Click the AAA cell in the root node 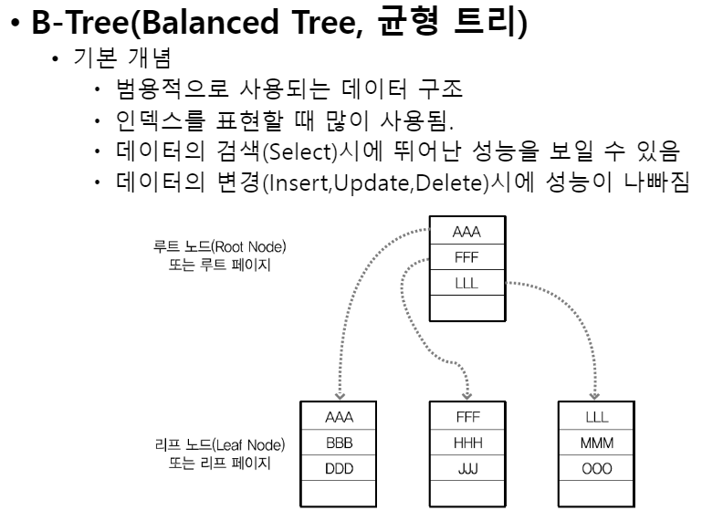(x=466, y=233)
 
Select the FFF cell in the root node (x=466, y=257)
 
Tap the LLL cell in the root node (x=466, y=283)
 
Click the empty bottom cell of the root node (x=466, y=307)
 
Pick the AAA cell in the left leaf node (x=339, y=418)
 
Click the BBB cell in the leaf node (x=339, y=443)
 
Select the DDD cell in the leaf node (x=339, y=469)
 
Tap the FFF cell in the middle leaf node (x=467, y=418)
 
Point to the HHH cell (x=467, y=443)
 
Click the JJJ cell (x=467, y=469)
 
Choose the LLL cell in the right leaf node (x=596, y=418)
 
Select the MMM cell (x=596, y=443)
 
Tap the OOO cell (x=596, y=469)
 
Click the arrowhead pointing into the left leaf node (x=339, y=396)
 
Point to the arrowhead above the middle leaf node (x=467, y=396)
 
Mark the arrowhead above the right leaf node (x=596, y=396)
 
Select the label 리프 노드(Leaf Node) (x=219, y=445)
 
